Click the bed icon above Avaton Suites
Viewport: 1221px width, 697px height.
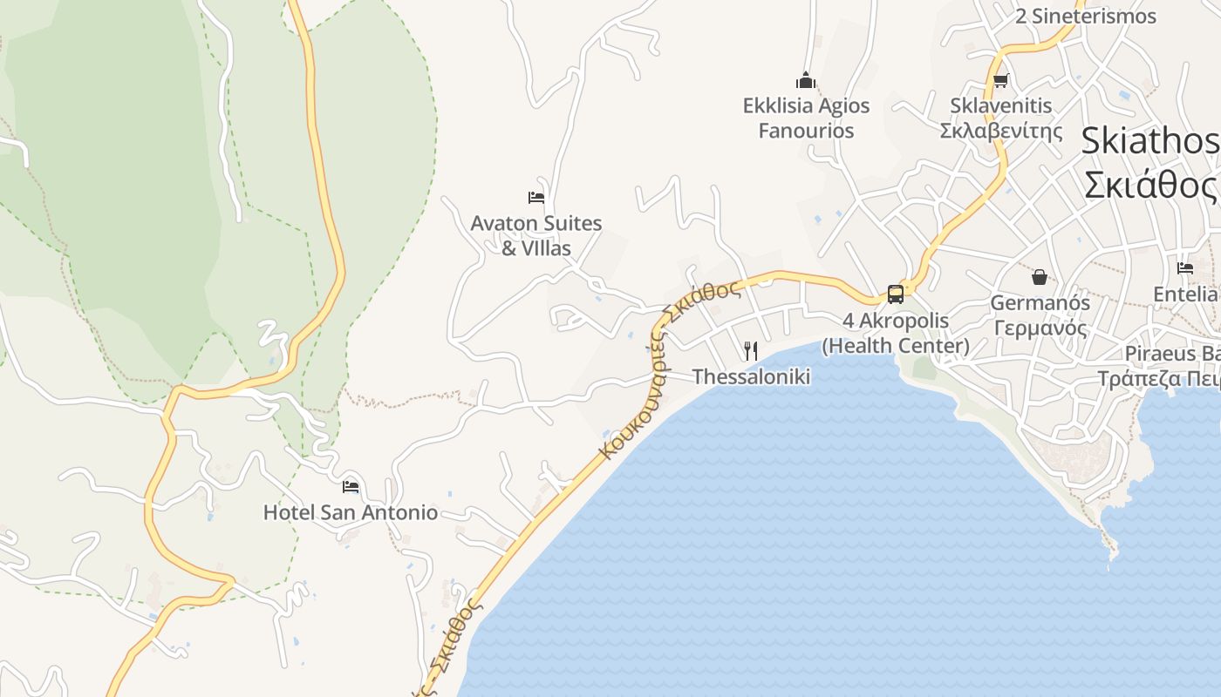[x=536, y=198]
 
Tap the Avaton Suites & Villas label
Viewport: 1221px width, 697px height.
[x=536, y=235]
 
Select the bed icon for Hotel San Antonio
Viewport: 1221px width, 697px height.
[x=351, y=486]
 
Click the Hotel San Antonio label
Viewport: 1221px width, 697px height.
[x=351, y=512]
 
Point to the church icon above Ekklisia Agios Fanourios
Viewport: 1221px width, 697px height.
[x=807, y=81]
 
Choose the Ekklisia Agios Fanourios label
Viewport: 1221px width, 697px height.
[x=807, y=118]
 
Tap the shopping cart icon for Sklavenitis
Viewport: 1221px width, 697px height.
[x=1000, y=81]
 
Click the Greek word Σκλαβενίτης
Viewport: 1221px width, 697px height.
[x=1001, y=131]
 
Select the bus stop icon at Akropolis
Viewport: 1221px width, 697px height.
[x=896, y=294]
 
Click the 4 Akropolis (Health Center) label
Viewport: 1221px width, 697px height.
[x=896, y=333]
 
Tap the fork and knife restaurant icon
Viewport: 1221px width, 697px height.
[x=751, y=350]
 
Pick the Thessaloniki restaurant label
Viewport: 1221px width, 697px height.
[x=751, y=376]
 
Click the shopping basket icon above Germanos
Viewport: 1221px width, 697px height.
[x=1040, y=277]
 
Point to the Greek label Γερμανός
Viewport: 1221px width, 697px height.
[x=1040, y=328]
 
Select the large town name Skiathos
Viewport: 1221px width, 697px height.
[x=1149, y=141]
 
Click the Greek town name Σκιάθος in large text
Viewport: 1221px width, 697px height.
[x=1149, y=185]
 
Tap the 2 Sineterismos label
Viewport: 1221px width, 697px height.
[x=1085, y=16]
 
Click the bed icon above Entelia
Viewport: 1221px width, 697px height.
[x=1185, y=268]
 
